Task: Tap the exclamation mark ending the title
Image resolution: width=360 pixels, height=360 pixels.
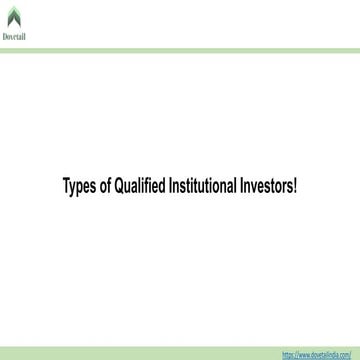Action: coord(295,185)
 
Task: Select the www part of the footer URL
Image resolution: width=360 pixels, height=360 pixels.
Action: coord(305,354)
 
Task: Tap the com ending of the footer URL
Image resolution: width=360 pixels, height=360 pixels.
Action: coord(347,354)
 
